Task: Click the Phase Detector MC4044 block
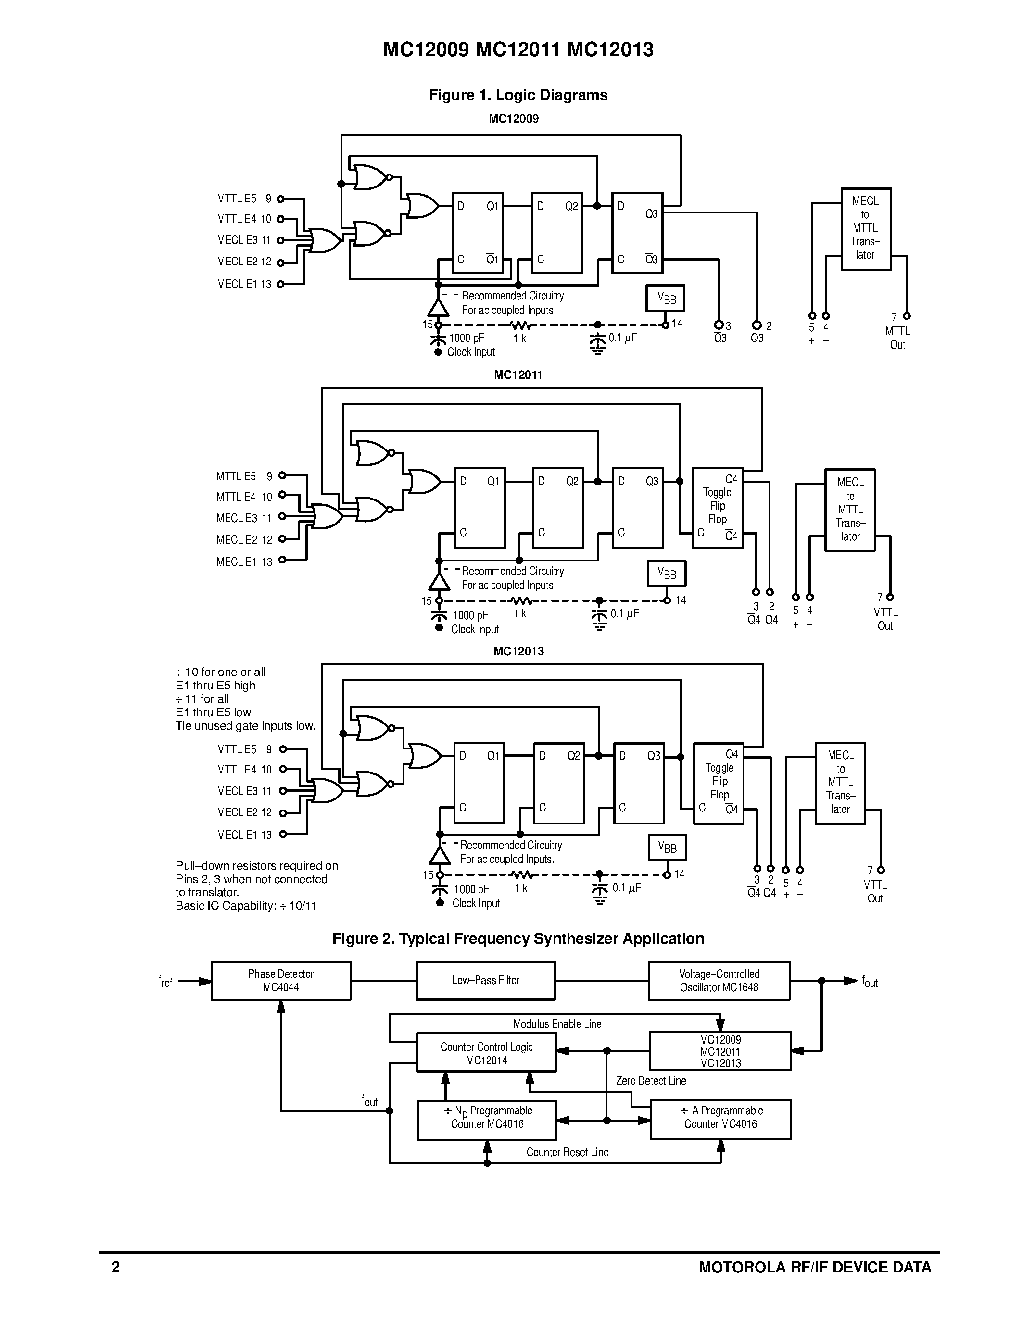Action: coord(280,981)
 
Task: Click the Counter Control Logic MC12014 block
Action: coord(486,1053)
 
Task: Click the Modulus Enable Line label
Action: coord(557,1024)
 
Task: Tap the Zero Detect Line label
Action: coord(651,1081)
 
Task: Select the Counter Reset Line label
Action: coord(568,1152)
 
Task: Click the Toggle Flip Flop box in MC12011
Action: coord(717,507)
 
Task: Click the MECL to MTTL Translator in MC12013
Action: coord(840,783)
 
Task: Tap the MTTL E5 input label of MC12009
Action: coord(237,199)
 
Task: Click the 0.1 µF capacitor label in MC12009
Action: coord(623,338)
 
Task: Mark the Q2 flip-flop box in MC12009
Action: coord(557,233)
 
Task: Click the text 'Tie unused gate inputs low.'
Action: coord(245,726)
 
